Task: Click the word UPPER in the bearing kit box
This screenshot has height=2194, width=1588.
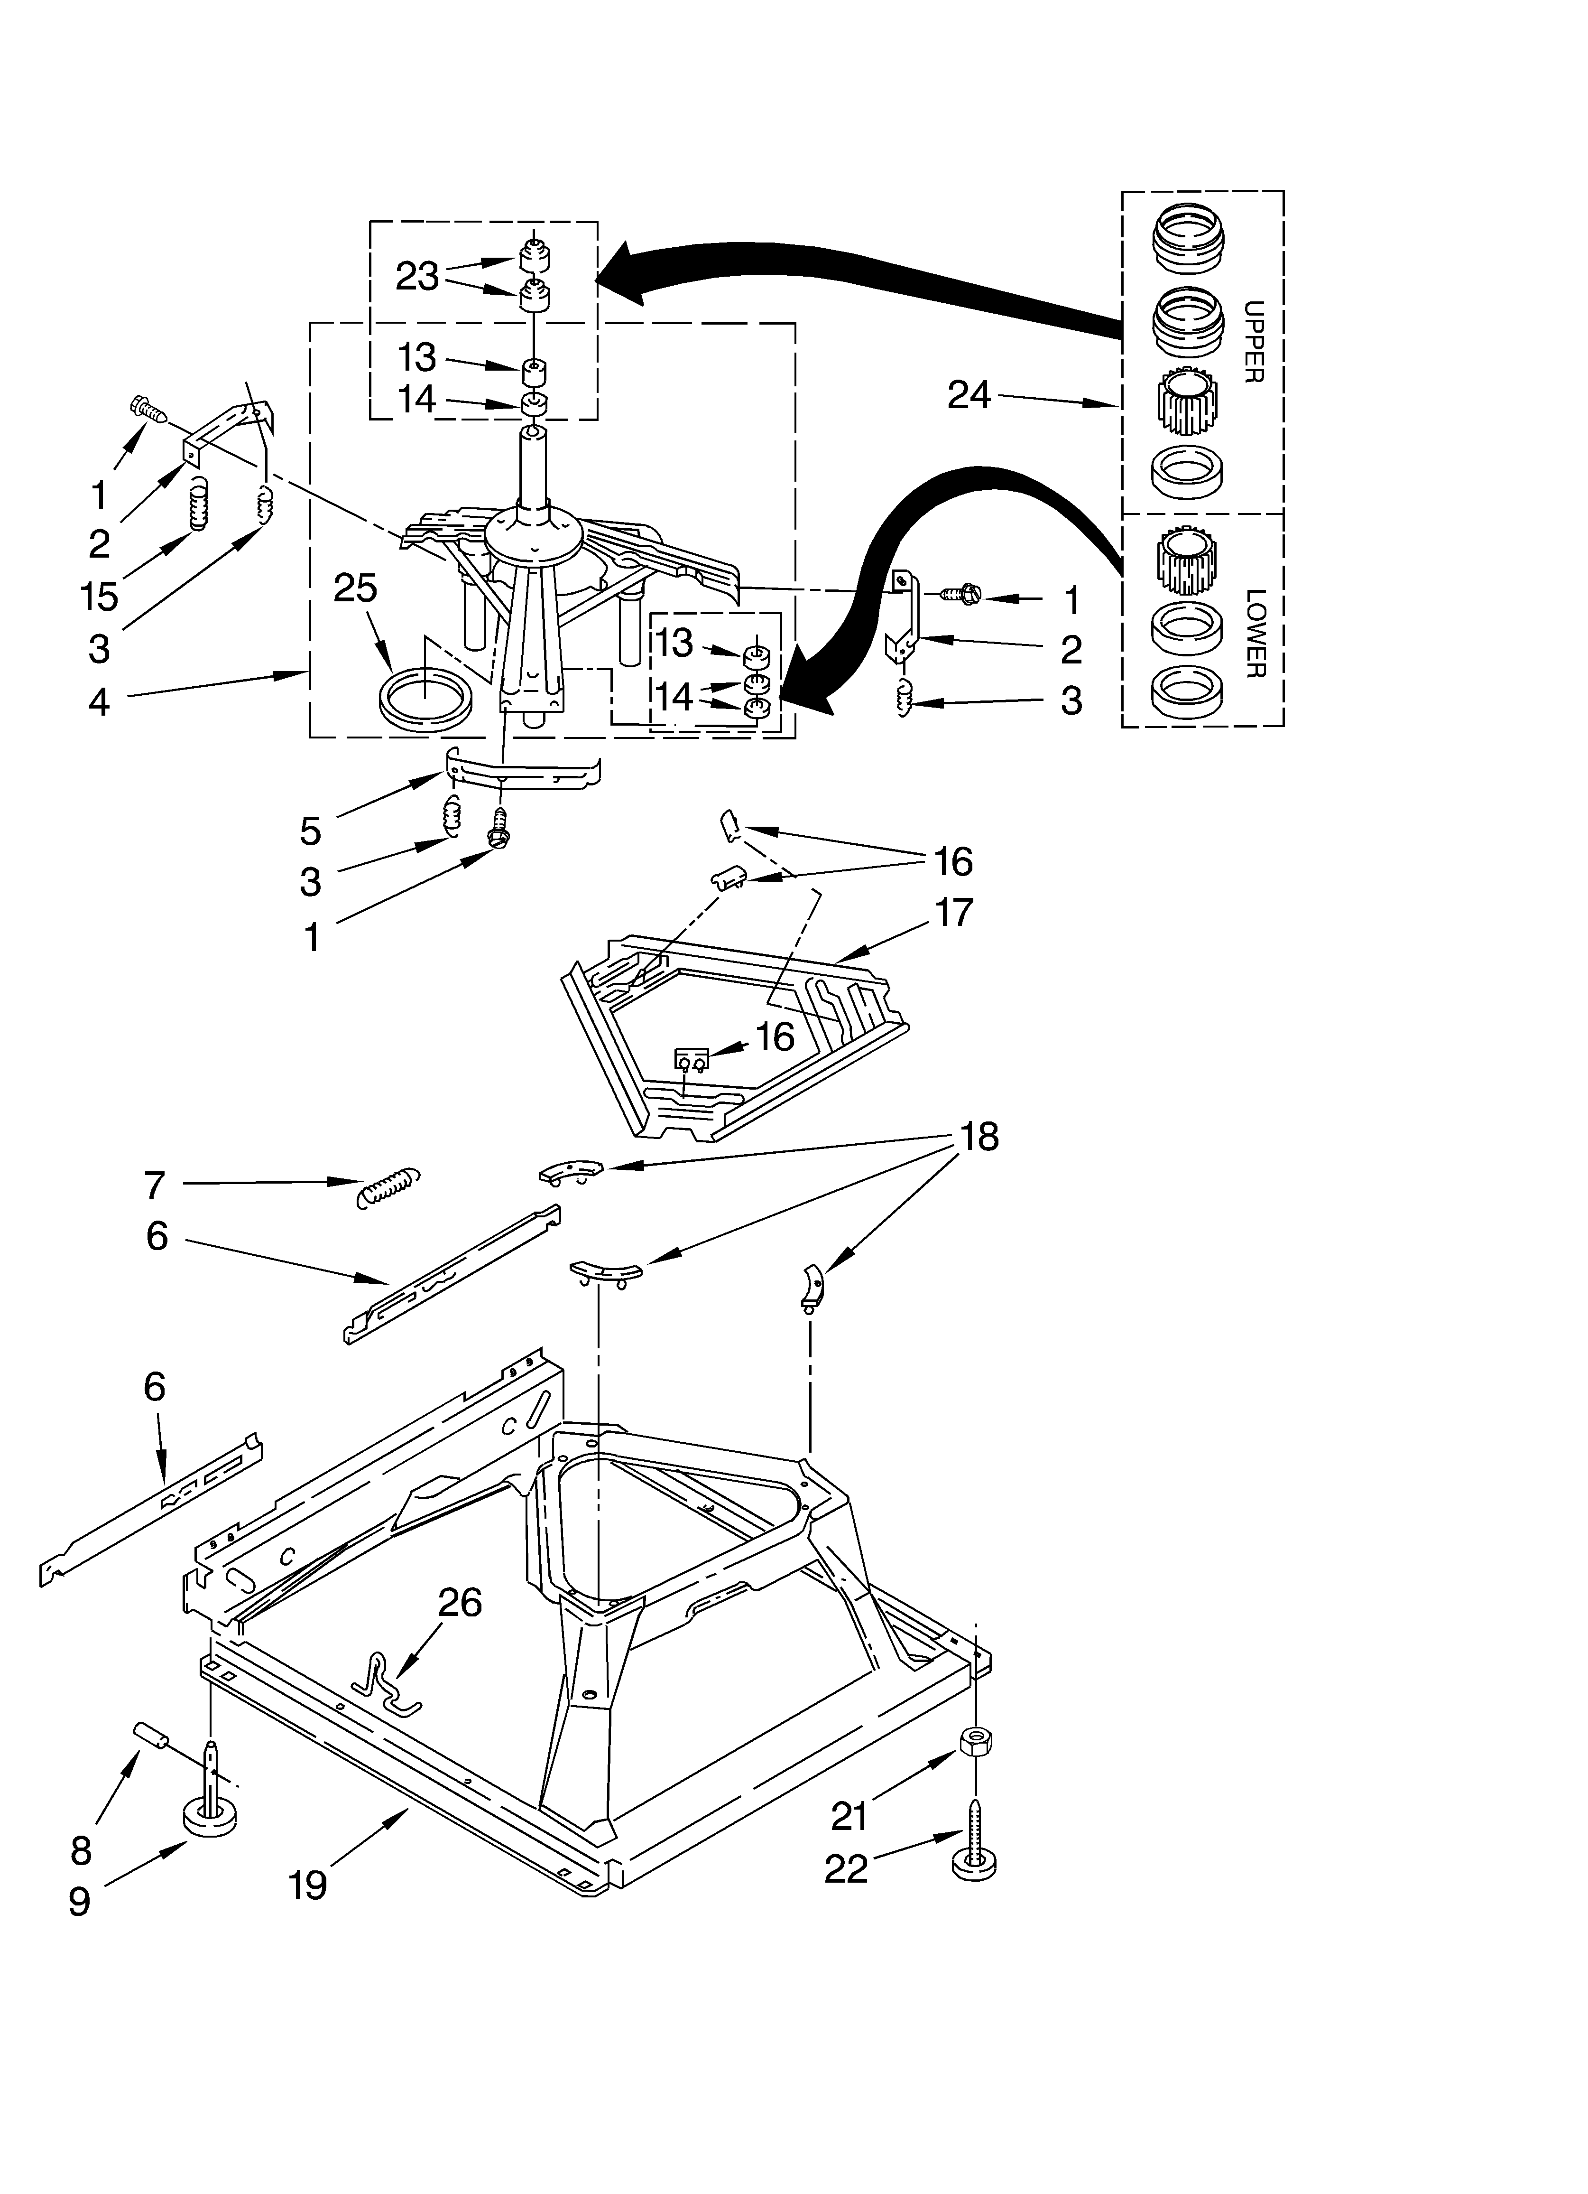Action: pyautogui.click(x=1254, y=342)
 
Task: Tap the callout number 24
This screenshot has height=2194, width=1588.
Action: pyautogui.click(x=969, y=395)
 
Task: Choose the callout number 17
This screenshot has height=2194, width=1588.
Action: pyautogui.click(x=953, y=912)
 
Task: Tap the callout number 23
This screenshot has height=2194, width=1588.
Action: pyautogui.click(x=417, y=277)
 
